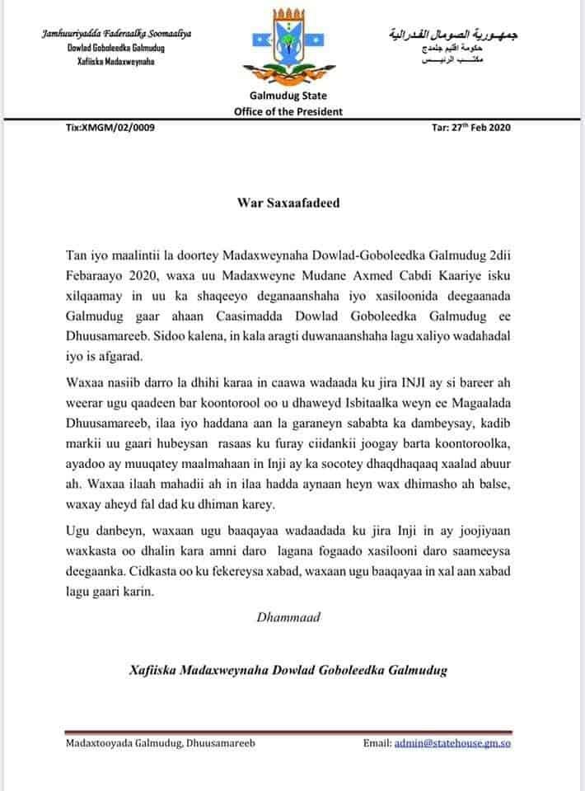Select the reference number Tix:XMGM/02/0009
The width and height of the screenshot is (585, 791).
(110, 128)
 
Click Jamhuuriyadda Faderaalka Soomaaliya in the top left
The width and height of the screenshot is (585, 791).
(115, 32)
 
